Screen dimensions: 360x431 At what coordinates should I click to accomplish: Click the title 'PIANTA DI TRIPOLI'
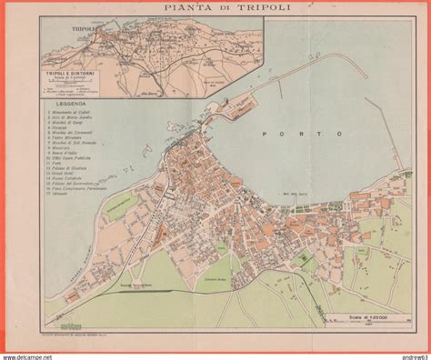[x=215, y=10]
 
